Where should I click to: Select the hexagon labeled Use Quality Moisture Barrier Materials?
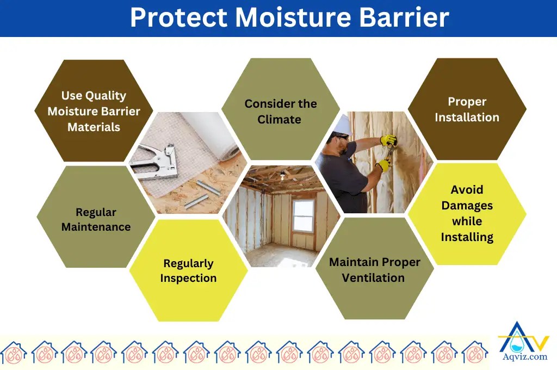tap(94, 111)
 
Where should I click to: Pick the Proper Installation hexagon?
tap(467, 109)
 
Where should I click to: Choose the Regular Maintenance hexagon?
tap(96, 219)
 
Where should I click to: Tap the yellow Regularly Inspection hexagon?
tap(188, 270)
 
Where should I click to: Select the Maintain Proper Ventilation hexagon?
tap(374, 269)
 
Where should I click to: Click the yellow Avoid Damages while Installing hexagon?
tap(467, 213)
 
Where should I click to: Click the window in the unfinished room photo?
tap(303, 215)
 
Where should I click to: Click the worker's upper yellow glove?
tap(388, 141)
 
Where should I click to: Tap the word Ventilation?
tap(373, 277)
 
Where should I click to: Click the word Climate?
tap(279, 119)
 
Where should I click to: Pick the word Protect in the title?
tap(177, 17)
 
